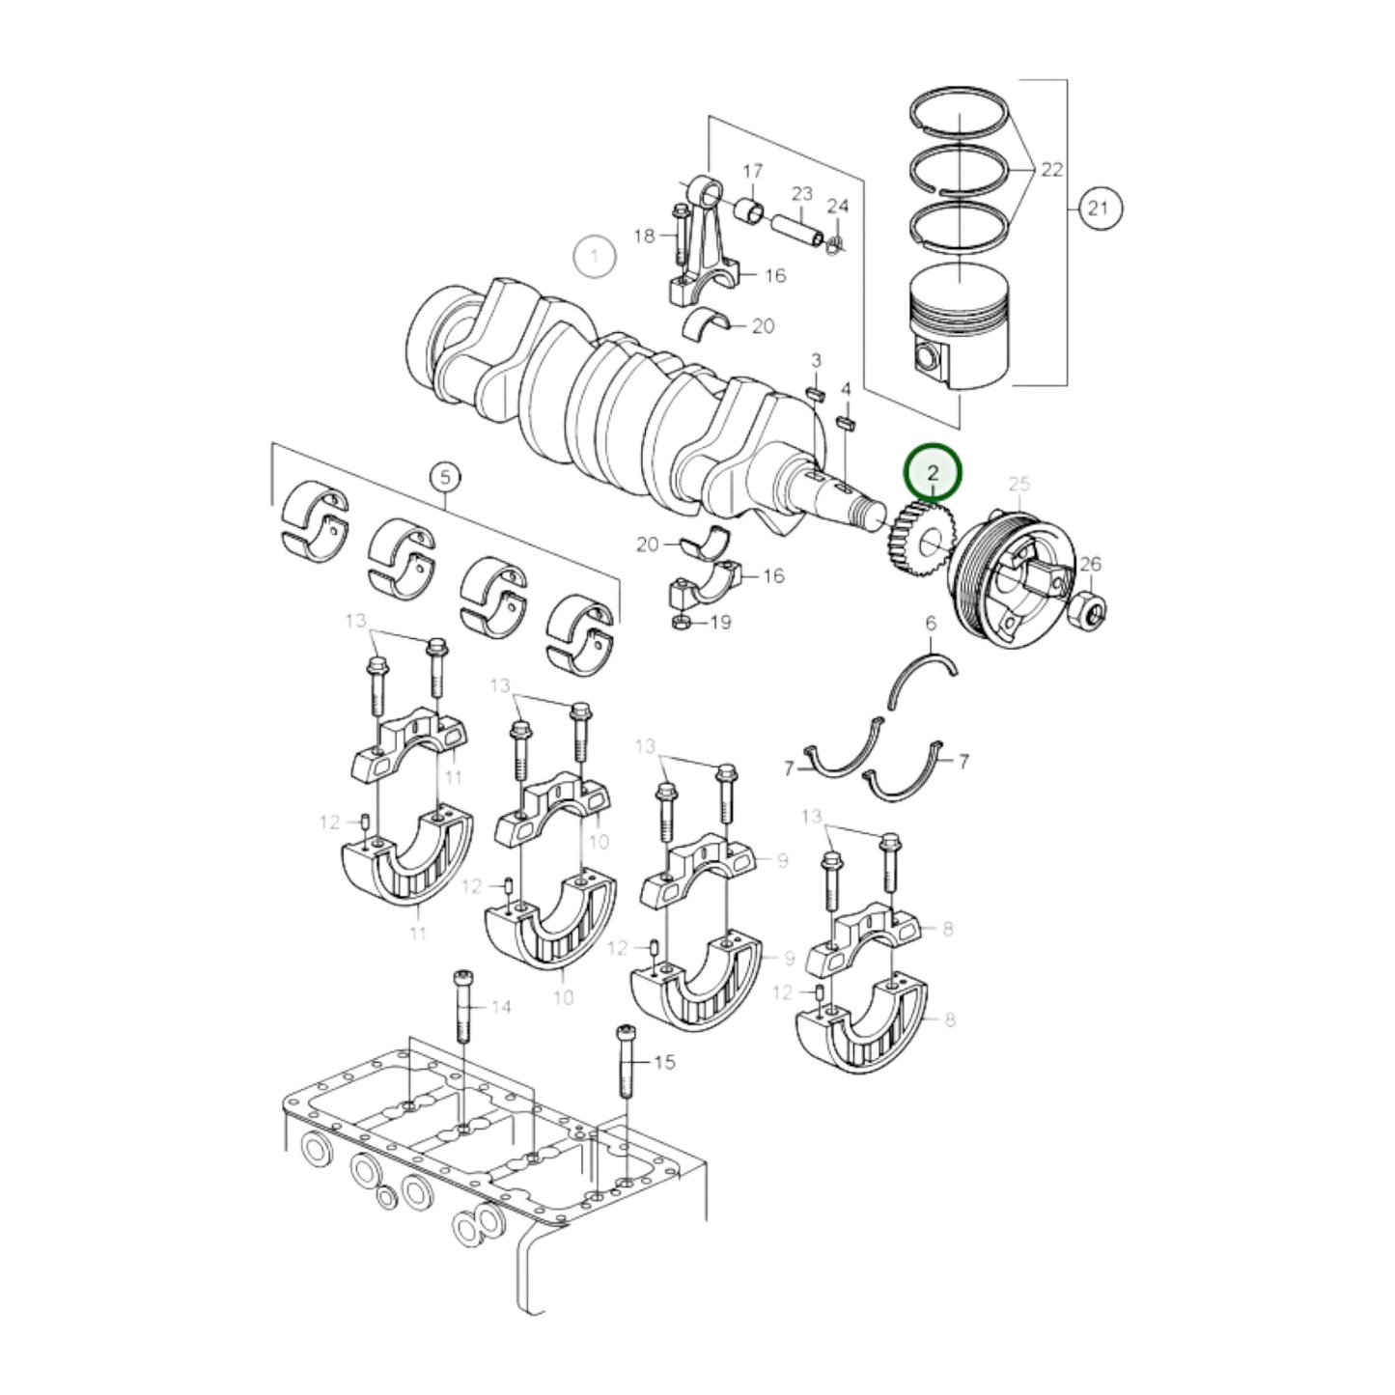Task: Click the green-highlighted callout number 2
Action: tap(933, 473)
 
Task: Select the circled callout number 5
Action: tap(444, 476)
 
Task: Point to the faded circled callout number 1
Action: tap(595, 257)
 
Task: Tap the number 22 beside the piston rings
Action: tap(1051, 170)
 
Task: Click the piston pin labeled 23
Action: tap(797, 227)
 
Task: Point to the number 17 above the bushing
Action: tap(753, 172)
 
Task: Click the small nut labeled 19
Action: tap(680, 622)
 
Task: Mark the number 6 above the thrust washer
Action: tap(931, 625)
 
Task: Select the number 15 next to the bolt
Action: tap(664, 1063)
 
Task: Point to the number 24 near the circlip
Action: tap(837, 207)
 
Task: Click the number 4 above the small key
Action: tap(846, 389)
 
